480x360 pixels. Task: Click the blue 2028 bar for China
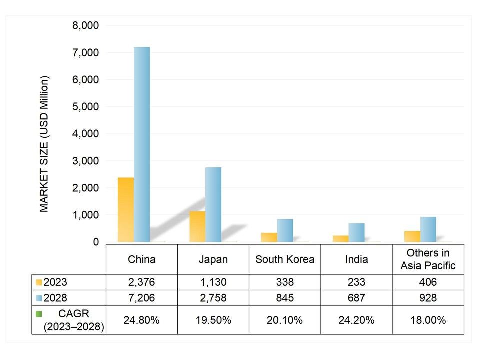click(x=142, y=145)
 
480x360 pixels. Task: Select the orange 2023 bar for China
click(x=126, y=210)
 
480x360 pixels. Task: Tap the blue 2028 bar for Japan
click(x=213, y=205)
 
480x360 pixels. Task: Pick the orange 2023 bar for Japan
click(x=197, y=227)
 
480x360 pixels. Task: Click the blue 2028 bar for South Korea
click(x=285, y=230)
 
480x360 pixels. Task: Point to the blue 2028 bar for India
click(x=356, y=233)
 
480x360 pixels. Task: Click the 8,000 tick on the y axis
click(x=86, y=25)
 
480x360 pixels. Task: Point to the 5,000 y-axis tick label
click(x=86, y=107)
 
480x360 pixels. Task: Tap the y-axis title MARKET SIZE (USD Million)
click(x=45, y=144)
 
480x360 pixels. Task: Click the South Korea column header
click(x=285, y=259)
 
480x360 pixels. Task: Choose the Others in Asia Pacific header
click(x=428, y=259)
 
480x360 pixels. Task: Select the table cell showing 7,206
click(x=142, y=298)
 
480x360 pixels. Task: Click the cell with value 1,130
click(x=213, y=282)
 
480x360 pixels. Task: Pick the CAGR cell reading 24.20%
click(x=356, y=320)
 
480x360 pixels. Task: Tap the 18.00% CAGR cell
click(x=428, y=320)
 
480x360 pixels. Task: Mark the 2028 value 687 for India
click(x=356, y=298)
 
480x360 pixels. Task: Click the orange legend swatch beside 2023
click(x=39, y=282)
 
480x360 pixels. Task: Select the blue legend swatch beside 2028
click(x=39, y=298)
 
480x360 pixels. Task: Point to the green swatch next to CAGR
click(x=39, y=314)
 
